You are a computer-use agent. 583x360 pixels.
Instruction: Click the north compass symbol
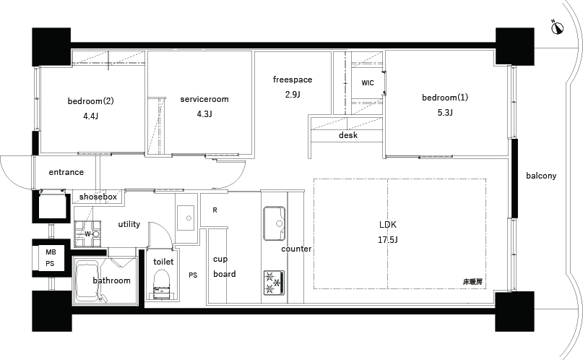(557, 27)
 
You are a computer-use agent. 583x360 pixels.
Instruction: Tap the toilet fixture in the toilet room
(162, 284)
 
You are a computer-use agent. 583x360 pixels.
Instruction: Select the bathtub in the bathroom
(87, 281)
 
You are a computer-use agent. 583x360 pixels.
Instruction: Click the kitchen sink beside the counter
(274, 223)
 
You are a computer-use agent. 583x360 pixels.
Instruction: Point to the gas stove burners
(274, 283)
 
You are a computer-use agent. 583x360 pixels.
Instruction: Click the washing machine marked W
(87, 234)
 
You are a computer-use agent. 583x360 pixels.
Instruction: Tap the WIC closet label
(368, 83)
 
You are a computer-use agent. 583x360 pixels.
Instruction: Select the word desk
(348, 135)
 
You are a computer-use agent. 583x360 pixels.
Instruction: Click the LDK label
(388, 225)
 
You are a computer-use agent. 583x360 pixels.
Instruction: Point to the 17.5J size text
(388, 240)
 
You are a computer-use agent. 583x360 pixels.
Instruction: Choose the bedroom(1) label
(445, 98)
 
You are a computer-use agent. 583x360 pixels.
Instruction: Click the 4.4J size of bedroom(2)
(91, 116)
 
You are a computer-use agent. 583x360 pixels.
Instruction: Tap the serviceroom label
(204, 99)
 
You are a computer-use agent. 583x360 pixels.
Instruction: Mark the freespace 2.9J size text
(293, 95)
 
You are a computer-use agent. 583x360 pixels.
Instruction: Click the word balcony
(541, 176)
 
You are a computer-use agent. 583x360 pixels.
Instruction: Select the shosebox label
(98, 197)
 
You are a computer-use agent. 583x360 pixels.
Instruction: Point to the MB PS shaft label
(50, 258)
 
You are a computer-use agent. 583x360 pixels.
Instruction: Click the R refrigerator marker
(215, 210)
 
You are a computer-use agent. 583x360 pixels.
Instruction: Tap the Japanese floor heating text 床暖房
(472, 282)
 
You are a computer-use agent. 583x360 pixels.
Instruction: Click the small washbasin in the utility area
(186, 218)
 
